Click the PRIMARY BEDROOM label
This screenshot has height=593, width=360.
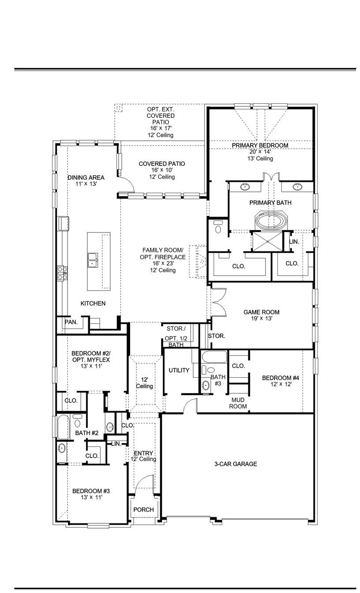(260, 145)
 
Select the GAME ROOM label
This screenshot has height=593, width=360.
(261, 312)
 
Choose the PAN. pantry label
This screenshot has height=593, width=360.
(71, 322)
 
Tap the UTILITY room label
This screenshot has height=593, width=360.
(179, 370)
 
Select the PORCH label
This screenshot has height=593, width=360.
(143, 510)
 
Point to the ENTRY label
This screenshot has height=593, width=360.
(143, 453)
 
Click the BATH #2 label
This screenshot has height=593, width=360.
(86, 433)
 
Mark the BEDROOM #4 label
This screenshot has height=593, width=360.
(281, 378)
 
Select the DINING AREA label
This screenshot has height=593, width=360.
(86, 177)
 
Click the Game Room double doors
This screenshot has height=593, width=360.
(218, 302)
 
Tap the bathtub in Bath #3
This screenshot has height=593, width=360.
(214, 357)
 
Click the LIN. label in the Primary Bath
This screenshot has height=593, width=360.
(294, 242)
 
